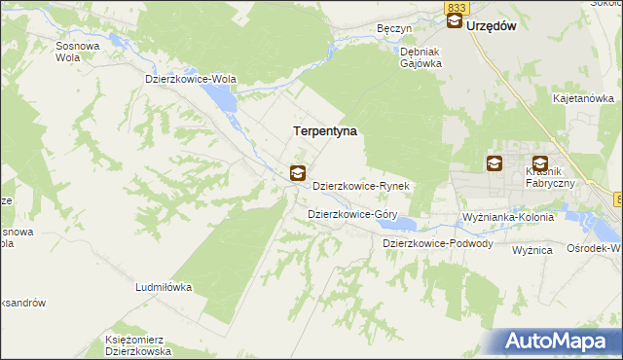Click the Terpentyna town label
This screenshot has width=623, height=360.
click(325, 129)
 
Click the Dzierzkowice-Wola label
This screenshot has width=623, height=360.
click(191, 80)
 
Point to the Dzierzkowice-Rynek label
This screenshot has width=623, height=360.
click(365, 185)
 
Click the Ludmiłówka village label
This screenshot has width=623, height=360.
click(164, 288)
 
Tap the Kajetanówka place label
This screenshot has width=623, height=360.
click(582, 98)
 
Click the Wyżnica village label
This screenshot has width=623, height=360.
click(532, 250)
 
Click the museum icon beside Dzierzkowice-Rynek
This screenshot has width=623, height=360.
click(298, 174)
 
